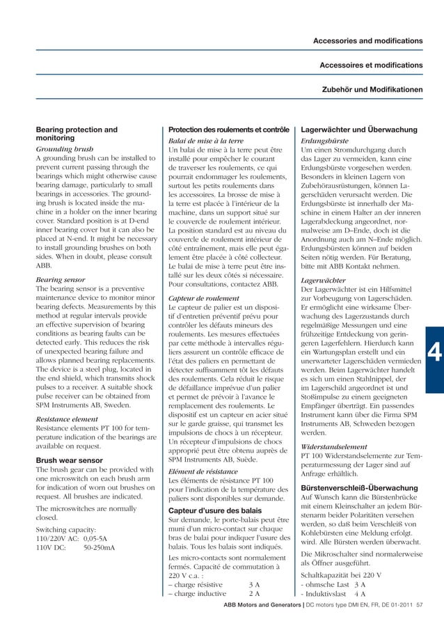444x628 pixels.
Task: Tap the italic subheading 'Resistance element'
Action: (67, 420)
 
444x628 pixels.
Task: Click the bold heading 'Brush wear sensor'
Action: (72, 460)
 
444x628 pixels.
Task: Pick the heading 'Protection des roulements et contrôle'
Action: (229, 129)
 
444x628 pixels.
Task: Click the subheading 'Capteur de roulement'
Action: (204, 299)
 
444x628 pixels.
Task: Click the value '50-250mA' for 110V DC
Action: (99, 548)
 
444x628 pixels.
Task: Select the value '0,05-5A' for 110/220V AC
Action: (97, 538)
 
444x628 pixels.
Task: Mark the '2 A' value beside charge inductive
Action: (254, 593)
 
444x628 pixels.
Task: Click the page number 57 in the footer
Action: (419, 606)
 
